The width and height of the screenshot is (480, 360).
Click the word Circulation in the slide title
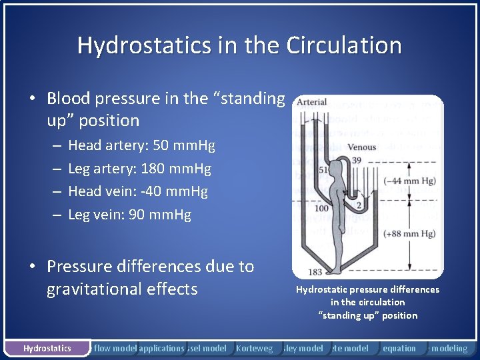[x=344, y=45]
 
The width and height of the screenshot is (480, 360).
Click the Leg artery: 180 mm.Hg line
[x=139, y=169]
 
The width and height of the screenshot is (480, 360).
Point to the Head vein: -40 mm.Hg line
[x=138, y=191]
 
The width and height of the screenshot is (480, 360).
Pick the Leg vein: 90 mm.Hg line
[x=129, y=215]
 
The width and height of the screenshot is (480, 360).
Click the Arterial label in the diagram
[x=311, y=103]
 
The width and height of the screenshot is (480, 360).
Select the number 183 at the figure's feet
[x=315, y=272]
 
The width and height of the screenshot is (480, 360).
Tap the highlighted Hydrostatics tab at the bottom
[x=47, y=348]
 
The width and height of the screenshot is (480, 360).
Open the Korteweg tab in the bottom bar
[x=255, y=348]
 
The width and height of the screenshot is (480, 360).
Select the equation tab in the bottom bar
[x=399, y=348]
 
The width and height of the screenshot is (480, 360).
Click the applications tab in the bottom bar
[x=161, y=348]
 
